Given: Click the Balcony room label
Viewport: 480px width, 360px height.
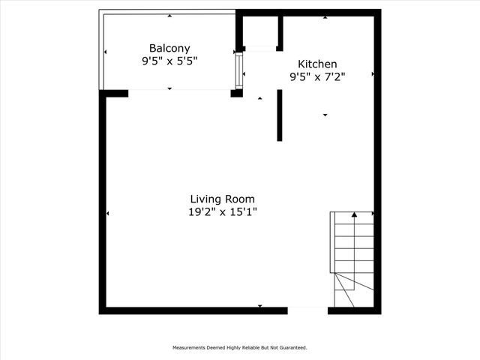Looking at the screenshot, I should pos(169,46).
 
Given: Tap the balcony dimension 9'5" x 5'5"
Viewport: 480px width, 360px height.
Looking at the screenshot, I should pos(169,61).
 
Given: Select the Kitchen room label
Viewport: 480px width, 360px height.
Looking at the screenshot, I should pos(317,64).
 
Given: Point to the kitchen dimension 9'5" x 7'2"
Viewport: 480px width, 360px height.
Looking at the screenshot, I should pos(317,76).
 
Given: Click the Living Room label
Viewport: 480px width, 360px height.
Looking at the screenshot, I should pos(222,199).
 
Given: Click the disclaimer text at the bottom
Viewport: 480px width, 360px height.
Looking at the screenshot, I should pos(240,348).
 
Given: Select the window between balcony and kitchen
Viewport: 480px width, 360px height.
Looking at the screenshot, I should pos(239,69).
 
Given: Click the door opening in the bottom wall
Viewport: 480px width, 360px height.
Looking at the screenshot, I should pos(307,309).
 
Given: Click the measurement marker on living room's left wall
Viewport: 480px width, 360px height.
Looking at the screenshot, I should pos(107,214).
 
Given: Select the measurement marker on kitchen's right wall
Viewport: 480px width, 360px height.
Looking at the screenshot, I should pos(373,74).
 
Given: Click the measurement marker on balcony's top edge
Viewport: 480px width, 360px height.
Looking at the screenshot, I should pos(169,15).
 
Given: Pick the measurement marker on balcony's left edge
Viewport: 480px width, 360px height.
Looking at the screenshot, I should pos(105,52).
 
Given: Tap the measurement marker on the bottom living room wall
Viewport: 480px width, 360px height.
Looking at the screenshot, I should pos(260,306).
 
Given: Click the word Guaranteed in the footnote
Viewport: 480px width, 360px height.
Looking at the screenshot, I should pos(293,348).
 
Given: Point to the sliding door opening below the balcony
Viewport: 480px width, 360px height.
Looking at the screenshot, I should pos(179,91).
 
